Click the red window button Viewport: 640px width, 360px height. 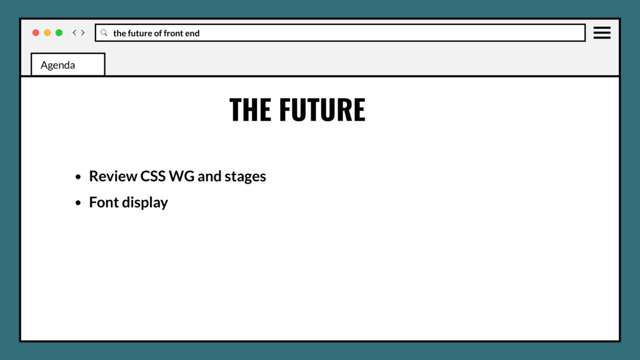36,32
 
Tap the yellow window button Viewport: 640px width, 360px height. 47,32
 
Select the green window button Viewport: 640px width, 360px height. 59,32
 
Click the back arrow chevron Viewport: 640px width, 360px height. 74,32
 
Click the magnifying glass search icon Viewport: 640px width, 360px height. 104,32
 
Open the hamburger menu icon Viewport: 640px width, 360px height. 602,32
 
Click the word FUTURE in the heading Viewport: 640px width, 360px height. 322,110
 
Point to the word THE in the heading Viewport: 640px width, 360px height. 250,110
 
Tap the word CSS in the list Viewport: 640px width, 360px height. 152,176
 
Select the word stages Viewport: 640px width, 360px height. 245,177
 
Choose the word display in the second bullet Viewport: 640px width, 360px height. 145,202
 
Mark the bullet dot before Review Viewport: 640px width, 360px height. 78,177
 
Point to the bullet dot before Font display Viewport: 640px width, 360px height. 78,203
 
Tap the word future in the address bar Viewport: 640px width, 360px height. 140,33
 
